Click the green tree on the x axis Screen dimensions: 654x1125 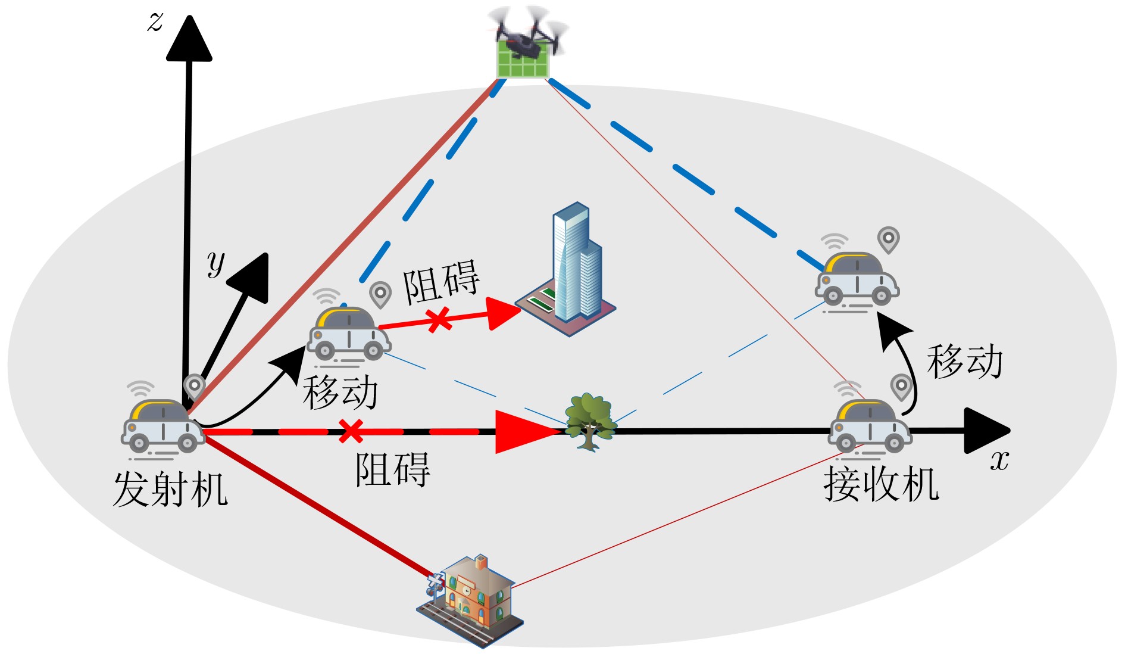coord(589,421)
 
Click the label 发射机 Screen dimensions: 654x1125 coord(170,490)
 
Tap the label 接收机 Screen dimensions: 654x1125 coord(881,484)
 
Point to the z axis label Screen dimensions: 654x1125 coord(155,22)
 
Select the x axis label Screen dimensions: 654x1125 coord(999,460)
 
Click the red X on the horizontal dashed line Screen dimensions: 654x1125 coord(351,431)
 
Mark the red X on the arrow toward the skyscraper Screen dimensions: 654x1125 coord(439,320)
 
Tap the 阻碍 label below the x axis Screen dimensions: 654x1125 coord(393,469)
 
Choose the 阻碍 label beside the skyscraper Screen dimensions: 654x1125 coord(441,281)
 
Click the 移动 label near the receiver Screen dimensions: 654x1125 coord(964,361)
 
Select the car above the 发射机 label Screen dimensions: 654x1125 coord(162,425)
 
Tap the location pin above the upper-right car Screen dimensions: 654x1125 coord(888,239)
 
